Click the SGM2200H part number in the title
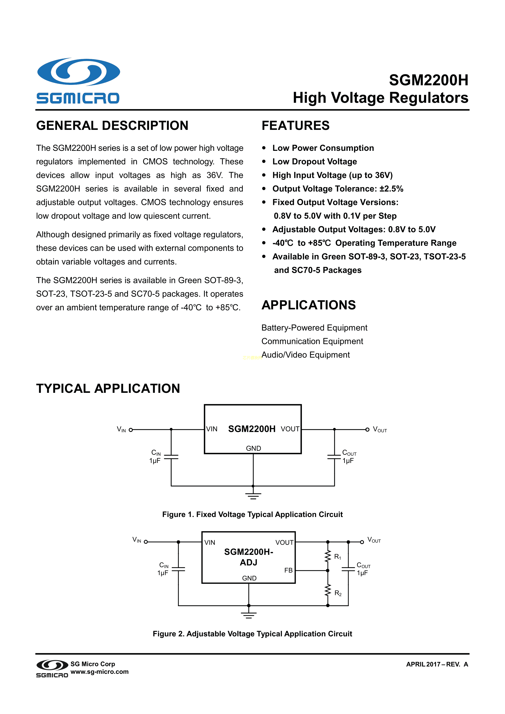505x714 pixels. [x=428, y=80]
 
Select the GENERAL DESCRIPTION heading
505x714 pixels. [x=112, y=126]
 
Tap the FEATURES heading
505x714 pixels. [x=295, y=126]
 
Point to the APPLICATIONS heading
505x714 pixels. [x=308, y=305]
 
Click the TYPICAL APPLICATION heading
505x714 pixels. [x=108, y=388]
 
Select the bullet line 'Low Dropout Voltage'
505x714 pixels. [x=314, y=162]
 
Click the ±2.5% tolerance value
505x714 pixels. [x=391, y=189]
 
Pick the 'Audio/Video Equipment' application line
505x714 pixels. [x=305, y=355]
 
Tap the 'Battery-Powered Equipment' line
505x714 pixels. [x=314, y=328]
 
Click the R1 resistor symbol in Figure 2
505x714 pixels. [x=328, y=556]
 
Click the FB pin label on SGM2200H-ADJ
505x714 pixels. [x=288, y=570]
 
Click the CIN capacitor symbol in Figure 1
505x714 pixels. [x=171, y=457]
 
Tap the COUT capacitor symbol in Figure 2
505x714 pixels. [x=348, y=569]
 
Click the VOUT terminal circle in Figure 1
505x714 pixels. [x=367, y=429]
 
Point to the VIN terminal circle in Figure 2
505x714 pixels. [x=146, y=542]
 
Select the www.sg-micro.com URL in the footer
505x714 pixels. [x=100, y=672]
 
